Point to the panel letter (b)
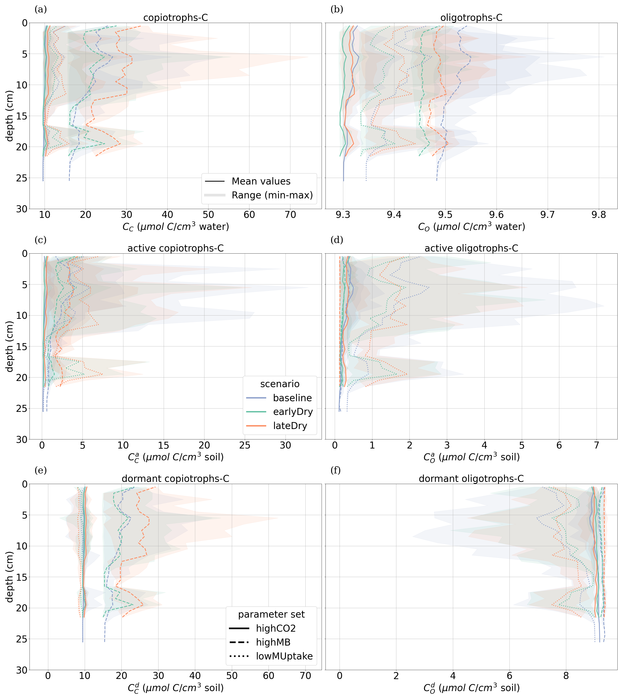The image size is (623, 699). click(x=337, y=10)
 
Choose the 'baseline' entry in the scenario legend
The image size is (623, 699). click(x=292, y=398)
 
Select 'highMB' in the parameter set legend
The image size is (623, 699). click(x=273, y=642)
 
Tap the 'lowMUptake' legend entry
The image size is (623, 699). click(x=284, y=656)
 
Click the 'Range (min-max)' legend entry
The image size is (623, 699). click(x=272, y=195)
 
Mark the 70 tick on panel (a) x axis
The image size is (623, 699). click(x=290, y=215)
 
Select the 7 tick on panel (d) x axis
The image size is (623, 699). click(x=596, y=445)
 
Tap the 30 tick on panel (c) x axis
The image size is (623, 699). click(x=286, y=445)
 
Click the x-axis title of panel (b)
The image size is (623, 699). click(x=471, y=227)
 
